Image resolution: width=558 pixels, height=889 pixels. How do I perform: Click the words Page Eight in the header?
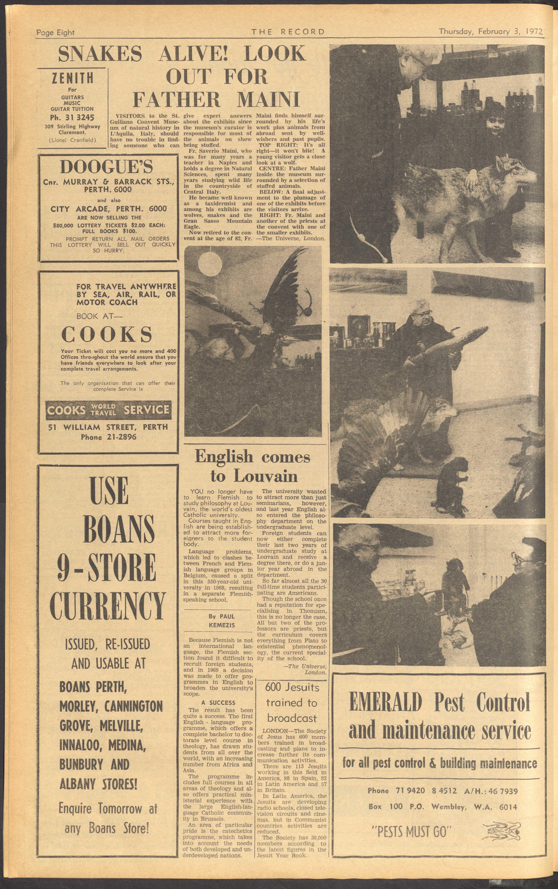pos(55,32)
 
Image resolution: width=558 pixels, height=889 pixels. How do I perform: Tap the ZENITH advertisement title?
pos(72,78)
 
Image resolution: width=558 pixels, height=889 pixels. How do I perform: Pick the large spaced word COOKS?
pos(107,334)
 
